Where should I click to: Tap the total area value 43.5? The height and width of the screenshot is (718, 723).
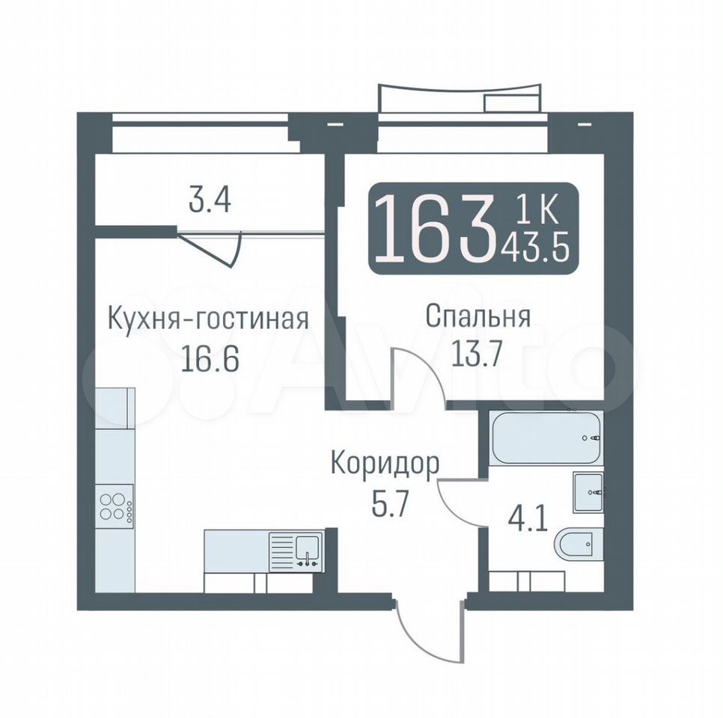click(534, 249)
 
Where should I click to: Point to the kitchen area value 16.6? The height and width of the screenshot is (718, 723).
click(210, 359)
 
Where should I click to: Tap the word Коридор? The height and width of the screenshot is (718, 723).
click(385, 466)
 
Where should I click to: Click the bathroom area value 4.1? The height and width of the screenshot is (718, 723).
click(527, 520)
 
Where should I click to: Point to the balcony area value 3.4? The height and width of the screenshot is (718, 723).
click(210, 201)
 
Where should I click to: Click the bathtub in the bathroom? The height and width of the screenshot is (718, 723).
click(546, 437)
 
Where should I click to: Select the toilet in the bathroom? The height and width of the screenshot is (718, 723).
click(579, 544)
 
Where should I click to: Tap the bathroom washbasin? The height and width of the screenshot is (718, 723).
click(588, 491)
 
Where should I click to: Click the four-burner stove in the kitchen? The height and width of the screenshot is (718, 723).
click(114, 507)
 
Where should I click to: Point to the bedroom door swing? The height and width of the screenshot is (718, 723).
click(418, 375)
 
